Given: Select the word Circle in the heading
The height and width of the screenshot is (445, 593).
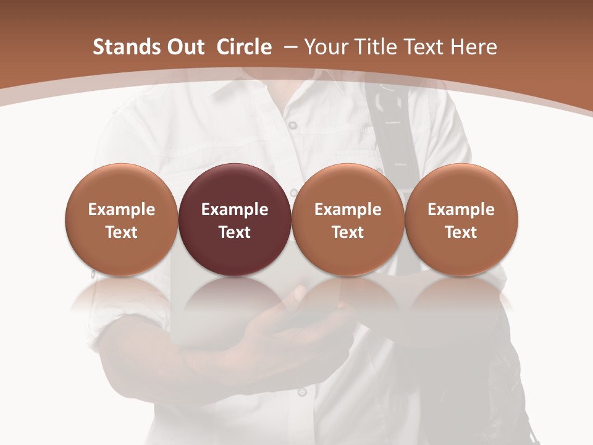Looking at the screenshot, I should pyautogui.click(x=244, y=47).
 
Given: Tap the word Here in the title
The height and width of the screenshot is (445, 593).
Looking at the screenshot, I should pyautogui.click(x=473, y=47).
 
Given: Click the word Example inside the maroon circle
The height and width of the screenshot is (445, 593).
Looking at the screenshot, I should pyautogui.click(x=235, y=210).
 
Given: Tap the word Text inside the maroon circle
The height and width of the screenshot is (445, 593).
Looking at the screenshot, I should pyautogui.click(x=235, y=232).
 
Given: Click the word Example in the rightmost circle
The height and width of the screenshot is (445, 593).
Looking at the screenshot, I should pyautogui.click(x=461, y=210).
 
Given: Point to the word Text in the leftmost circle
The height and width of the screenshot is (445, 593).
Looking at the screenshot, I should pyautogui.click(x=121, y=232).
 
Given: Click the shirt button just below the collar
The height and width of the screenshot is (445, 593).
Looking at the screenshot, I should pyautogui.click(x=293, y=125).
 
